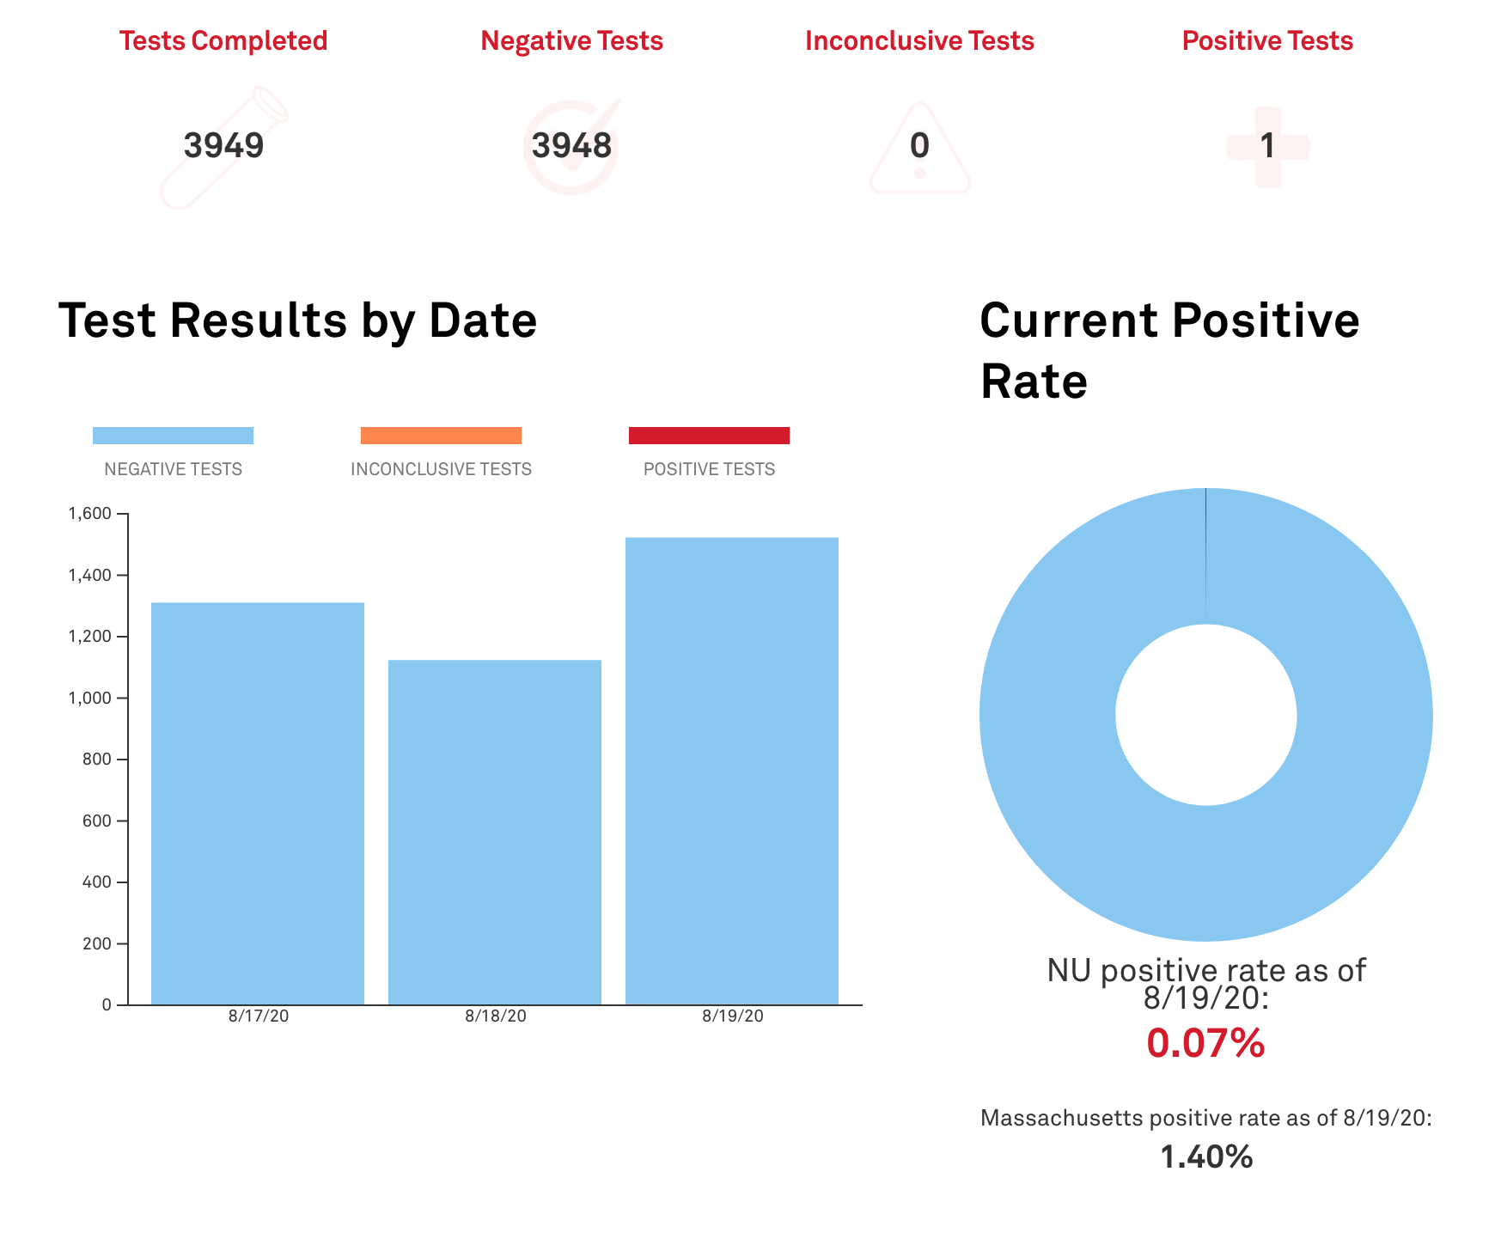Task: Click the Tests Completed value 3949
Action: pyautogui.click(x=223, y=145)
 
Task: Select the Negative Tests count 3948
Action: pyautogui.click(x=571, y=145)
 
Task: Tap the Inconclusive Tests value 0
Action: pyautogui.click(x=919, y=145)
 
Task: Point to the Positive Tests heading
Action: pyautogui.click(x=1267, y=40)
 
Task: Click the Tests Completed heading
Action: pyautogui.click(x=223, y=40)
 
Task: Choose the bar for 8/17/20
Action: pyautogui.click(x=258, y=803)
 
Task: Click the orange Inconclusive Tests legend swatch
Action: pyautogui.click(x=441, y=436)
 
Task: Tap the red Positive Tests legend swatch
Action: pyautogui.click(x=709, y=436)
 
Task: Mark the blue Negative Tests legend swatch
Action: pyautogui.click(x=173, y=436)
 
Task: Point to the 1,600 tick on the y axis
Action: pyautogui.click(x=90, y=514)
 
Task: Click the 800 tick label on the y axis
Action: pyautogui.click(x=96, y=760)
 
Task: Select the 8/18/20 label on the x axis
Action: pyautogui.click(x=496, y=1016)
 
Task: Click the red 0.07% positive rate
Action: pyautogui.click(x=1205, y=1043)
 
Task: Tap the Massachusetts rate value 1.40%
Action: pyautogui.click(x=1205, y=1157)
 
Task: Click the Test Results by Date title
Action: pyautogui.click(x=297, y=320)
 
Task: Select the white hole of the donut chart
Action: pyautogui.click(x=1205, y=715)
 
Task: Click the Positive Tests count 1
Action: pyautogui.click(x=1267, y=145)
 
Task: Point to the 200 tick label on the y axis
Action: pyautogui.click(x=96, y=943)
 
